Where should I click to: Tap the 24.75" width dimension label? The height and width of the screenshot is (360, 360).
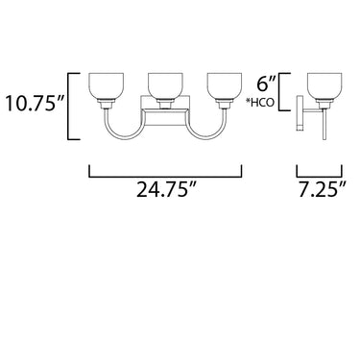[x=166, y=189]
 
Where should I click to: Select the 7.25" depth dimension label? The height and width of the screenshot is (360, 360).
[x=323, y=189]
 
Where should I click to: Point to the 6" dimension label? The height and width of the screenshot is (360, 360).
[x=266, y=84]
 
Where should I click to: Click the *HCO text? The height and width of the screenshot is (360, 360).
[x=260, y=103]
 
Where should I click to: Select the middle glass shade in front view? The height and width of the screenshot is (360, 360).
[x=165, y=86]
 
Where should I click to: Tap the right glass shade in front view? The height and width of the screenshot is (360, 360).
[x=224, y=86]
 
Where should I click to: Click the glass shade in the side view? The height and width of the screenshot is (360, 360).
[x=324, y=86]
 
